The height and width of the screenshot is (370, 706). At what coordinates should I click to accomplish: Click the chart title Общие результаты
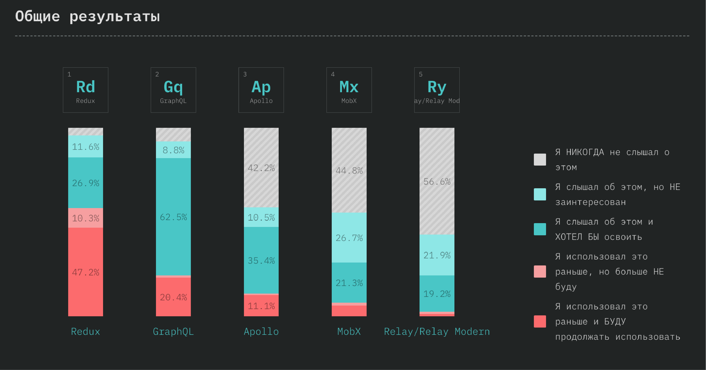point(88,16)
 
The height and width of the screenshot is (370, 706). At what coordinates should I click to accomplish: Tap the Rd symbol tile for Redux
point(86,90)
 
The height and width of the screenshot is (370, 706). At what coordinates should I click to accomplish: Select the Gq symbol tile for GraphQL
point(173,90)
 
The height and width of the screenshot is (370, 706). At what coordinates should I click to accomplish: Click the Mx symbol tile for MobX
point(349,90)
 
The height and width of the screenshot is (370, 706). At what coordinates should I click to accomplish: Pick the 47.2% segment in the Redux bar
point(86,272)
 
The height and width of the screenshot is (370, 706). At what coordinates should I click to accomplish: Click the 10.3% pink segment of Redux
point(86,218)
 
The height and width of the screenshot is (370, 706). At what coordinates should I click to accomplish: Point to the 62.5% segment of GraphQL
point(173,217)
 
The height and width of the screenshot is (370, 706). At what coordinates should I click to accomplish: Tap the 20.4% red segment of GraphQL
point(173,297)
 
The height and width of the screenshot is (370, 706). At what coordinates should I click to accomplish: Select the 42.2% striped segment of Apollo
point(261,168)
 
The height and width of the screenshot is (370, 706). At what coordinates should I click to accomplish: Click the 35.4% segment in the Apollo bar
point(261,260)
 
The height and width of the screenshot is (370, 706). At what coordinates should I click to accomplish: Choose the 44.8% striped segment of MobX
point(349,170)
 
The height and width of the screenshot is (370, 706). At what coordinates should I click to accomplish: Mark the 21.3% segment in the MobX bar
point(349,283)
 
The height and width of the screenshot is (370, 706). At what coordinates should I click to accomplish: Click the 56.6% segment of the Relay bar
point(437,181)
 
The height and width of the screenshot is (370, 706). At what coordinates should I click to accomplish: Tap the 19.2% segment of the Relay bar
point(437,294)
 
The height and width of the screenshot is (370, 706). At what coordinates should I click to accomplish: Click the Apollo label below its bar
point(261,331)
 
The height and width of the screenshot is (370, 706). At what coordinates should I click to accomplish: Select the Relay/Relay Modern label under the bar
point(437,331)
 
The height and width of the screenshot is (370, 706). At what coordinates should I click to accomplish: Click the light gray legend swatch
point(540,160)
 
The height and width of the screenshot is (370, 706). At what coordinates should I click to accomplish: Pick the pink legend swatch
point(540,272)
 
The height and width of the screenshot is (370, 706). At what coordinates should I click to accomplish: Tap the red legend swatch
point(540,321)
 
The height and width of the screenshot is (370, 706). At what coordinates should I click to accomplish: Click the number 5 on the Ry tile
point(421,74)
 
